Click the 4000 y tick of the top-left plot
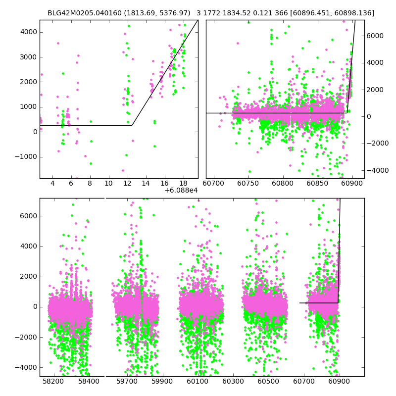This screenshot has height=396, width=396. point(29,32)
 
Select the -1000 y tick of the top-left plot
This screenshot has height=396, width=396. point(27,156)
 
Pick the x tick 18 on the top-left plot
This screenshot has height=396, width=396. point(183,184)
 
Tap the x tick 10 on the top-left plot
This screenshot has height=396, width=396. point(108,184)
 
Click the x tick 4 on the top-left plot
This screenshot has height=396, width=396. point(52,184)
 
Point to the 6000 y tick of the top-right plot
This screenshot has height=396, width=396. point(375,36)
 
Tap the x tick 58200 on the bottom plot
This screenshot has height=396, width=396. point(53,382)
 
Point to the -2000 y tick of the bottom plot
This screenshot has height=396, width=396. point(27,337)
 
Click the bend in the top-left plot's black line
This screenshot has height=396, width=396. point(132,125)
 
